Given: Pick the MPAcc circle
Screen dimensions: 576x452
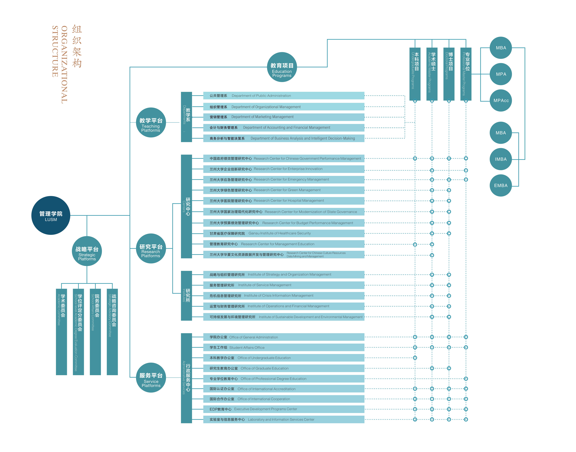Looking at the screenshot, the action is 501,101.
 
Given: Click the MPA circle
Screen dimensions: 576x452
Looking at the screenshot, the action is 501,74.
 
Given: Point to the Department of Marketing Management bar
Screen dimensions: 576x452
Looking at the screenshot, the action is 284,117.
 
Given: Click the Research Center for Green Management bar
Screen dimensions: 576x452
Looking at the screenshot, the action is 284,190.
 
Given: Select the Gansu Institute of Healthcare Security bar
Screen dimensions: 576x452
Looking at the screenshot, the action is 284,233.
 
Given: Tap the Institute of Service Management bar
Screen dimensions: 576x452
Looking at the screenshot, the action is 284,285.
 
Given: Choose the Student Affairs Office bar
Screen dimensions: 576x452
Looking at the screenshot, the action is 284,347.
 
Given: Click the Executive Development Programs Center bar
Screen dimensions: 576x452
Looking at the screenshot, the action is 284,409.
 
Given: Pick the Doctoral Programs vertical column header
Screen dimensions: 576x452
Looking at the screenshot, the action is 449,74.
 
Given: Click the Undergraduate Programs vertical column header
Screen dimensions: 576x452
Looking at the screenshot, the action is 415,74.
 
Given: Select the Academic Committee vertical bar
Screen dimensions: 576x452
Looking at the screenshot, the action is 61,332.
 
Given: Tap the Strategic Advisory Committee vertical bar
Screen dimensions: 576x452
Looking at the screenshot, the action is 112,332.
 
